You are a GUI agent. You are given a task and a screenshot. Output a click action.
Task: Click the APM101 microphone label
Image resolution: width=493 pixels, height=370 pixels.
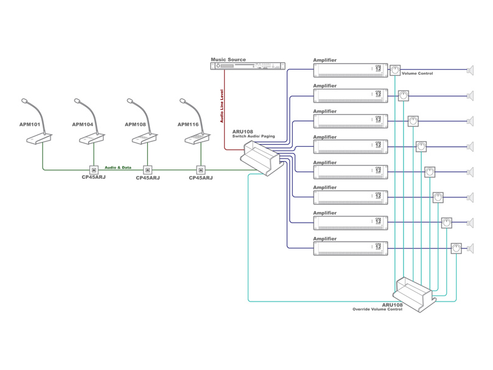(30, 125)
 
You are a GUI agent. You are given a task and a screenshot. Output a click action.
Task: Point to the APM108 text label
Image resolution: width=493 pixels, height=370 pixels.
(136, 125)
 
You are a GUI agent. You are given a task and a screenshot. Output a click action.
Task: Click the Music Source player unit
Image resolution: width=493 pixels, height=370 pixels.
(248, 66)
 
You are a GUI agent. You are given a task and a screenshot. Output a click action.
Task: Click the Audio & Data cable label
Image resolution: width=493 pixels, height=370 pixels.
(118, 167)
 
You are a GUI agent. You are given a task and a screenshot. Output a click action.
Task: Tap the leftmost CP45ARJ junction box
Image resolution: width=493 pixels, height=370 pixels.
(94, 170)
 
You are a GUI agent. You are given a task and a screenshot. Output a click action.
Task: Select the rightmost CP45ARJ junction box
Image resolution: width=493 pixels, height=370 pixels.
(200, 170)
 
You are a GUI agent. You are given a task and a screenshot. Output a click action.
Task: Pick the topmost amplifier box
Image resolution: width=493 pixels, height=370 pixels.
(351, 70)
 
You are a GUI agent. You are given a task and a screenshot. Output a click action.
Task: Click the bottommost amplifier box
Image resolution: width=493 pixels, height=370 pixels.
(351, 248)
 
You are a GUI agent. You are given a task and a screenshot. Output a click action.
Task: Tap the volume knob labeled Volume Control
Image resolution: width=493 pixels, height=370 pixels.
(395, 70)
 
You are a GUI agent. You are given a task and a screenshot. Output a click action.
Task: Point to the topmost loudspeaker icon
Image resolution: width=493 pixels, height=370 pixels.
(471, 70)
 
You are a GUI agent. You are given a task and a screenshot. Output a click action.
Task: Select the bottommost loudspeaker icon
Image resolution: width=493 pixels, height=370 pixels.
(471, 249)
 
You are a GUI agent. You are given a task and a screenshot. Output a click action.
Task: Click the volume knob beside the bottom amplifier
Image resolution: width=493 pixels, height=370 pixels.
(456, 249)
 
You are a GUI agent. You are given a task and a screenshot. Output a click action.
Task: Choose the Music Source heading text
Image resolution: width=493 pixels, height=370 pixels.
(229, 60)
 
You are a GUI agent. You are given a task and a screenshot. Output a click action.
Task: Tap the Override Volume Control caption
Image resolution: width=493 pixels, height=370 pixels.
(377, 310)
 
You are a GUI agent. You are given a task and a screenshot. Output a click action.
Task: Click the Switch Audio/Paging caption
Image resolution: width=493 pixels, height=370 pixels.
(254, 136)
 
